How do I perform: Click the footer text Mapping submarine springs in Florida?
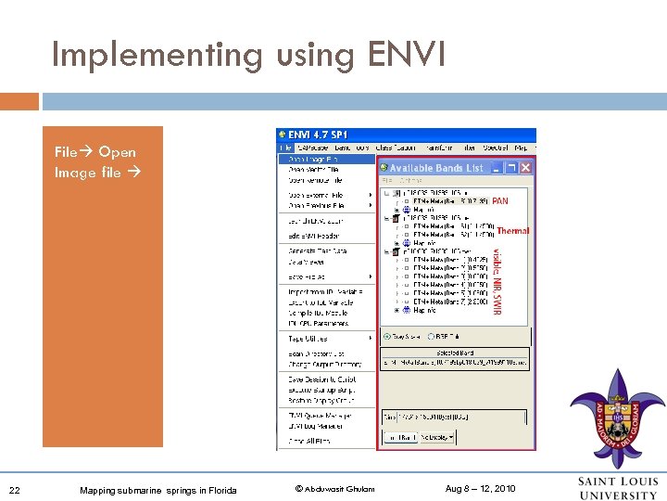point(157,490)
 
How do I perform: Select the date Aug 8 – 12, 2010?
point(480,489)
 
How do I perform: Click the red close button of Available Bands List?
point(525,168)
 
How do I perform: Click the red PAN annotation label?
point(499,200)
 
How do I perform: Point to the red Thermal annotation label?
point(512,231)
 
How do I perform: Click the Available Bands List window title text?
point(435,168)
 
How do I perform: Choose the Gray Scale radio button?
point(388,337)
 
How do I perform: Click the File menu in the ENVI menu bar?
point(285,148)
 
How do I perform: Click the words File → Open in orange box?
point(94,152)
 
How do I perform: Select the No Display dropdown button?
point(439,436)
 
